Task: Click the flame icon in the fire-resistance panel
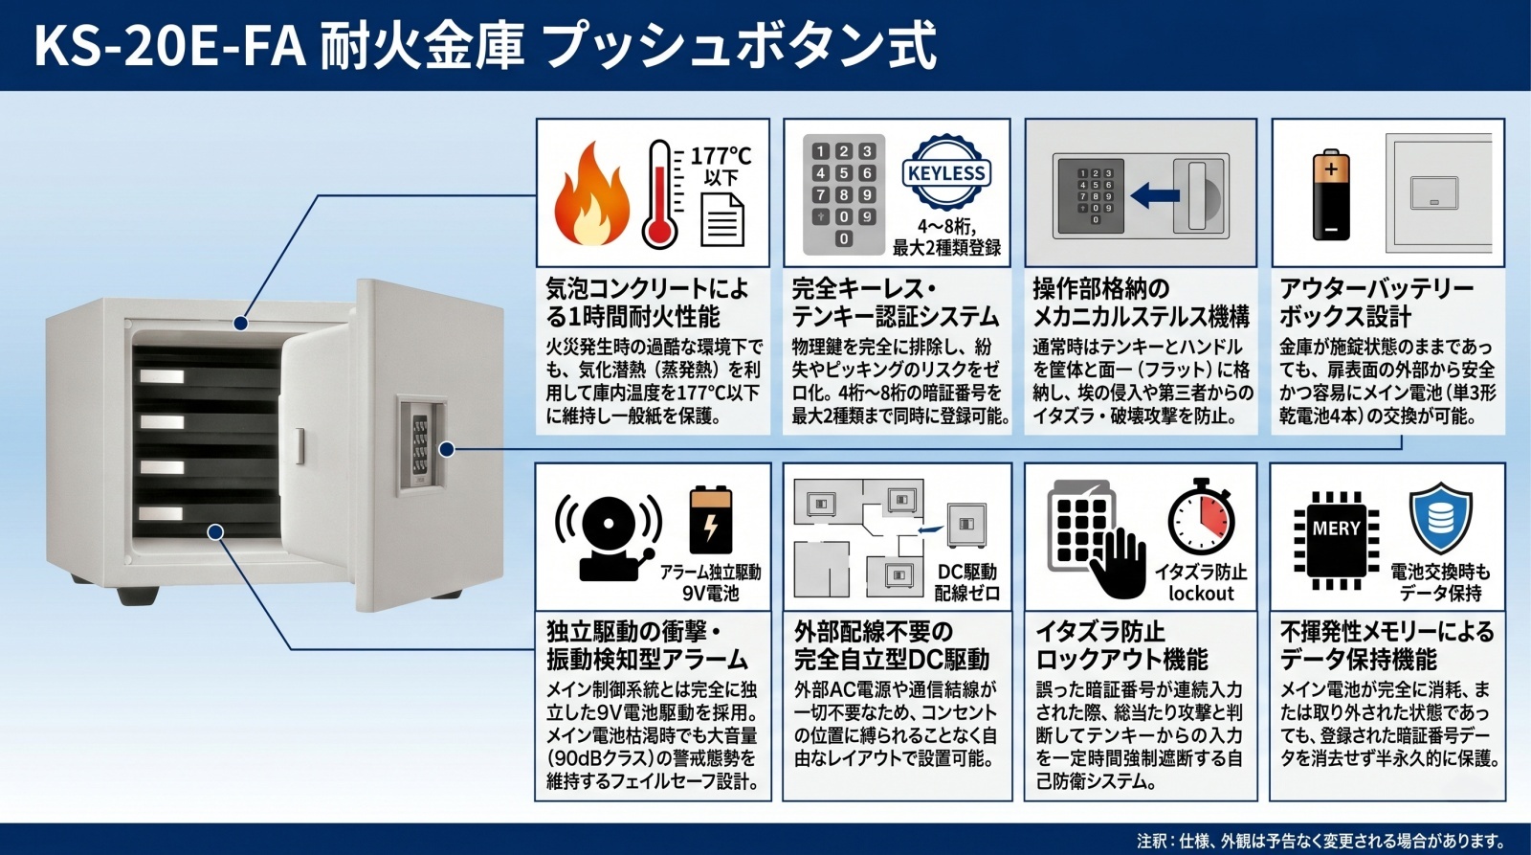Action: click(592, 195)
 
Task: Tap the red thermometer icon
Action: click(661, 194)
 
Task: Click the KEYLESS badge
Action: click(946, 172)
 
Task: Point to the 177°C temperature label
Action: click(721, 157)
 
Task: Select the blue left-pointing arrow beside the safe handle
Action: click(1155, 196)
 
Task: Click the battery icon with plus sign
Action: click(1331, 195)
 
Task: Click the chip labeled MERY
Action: click(1336, 540)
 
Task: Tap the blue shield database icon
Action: click(1441, 519)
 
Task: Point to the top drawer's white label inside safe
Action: click(162, 377)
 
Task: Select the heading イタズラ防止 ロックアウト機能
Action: click(1122, 645)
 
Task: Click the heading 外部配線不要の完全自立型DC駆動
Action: click(892, 645)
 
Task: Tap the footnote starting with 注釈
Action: click(1321, 841)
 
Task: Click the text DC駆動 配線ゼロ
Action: click(967, 582)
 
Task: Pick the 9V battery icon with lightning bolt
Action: click(711, 520)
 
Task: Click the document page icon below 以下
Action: click(723, 219)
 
